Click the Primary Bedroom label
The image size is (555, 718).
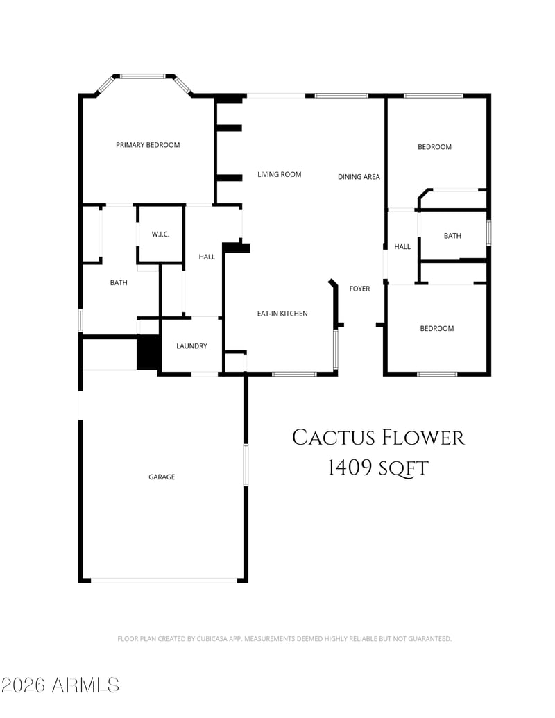(x=148, y=145)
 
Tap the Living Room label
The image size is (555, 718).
(x=280, y=174)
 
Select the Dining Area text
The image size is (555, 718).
(x=359, y=177)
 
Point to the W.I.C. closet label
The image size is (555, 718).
(x=161, y=234)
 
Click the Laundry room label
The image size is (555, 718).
(x=192, y=346)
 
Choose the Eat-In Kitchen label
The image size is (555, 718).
(x=282, y=314)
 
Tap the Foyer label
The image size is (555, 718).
(x=359, y=289)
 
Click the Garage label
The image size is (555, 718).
(x=162, y=477)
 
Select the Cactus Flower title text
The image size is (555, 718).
(x=378, y=438)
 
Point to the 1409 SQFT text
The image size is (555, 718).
(x=378, y=468)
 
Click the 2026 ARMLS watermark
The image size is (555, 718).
(x=60, y=685)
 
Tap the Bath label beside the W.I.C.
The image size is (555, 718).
(x=119, y=283)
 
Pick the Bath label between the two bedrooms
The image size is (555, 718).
(x=452, y=236)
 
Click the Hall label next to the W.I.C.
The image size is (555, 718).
(x=207, y=257)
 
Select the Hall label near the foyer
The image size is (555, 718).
(x=402, y=247)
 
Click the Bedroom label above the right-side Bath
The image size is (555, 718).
(x=434, y=147)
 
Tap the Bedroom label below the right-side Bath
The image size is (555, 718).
(x=437, y=329)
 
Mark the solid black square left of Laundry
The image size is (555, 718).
(x=148, y=352)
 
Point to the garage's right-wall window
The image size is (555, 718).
(x=246, y=465)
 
